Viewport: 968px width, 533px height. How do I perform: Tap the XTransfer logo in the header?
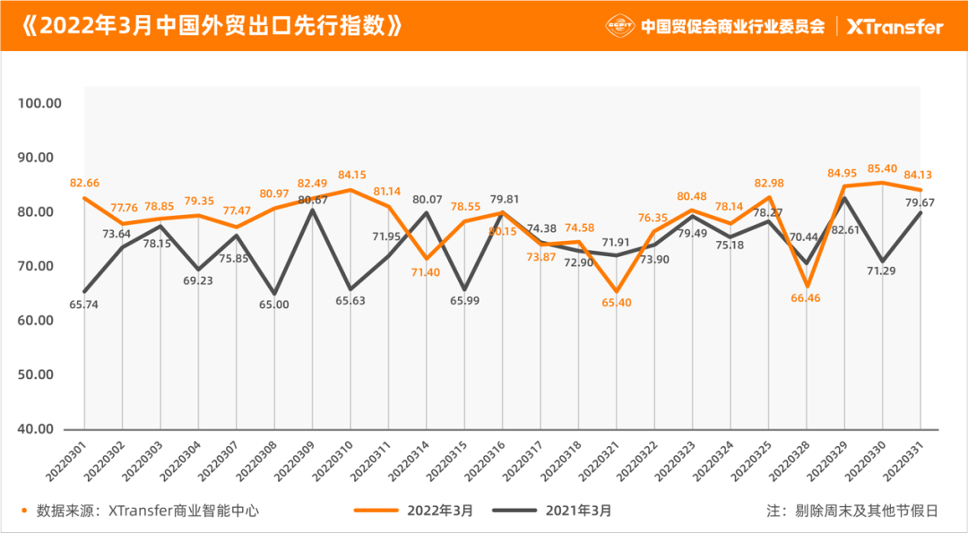click(x=895, y=26)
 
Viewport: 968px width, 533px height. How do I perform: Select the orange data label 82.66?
click(x=84, y=183)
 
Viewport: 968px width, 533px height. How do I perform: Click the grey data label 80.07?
click(x=427, y=199)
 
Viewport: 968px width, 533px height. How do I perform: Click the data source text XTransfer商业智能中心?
click(x=183, y=511)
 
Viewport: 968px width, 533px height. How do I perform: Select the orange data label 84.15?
click(x=351, y=175)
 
